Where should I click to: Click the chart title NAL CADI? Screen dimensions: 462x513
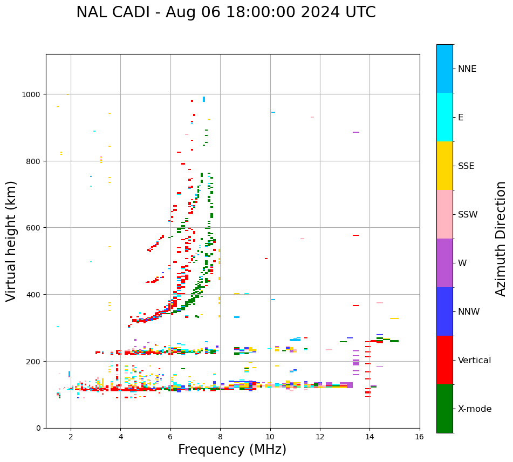(x=225, y=12)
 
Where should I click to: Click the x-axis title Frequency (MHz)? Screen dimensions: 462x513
(x=232, y=450)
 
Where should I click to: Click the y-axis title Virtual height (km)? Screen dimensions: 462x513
(x=12, y=241)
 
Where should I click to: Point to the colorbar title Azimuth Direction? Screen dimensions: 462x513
(x=501, y=239)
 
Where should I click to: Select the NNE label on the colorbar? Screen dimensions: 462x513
(x=467, y=69)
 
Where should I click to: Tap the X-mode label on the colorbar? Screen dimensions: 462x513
(x=475, y=409)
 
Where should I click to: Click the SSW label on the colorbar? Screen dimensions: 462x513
(x=468, y=215)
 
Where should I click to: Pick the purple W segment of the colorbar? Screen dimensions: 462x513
(x=444, y=263)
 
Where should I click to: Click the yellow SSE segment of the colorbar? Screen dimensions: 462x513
(x=444, y=166)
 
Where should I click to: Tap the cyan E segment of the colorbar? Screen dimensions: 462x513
(x=444, y=117)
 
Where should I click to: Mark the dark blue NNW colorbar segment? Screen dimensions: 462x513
(x=444, y=311)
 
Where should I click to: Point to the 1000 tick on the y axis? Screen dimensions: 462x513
(x=32, y=94)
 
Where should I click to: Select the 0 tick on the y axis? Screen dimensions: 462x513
(x=39, y=428)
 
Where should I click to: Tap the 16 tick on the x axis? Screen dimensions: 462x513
(x=419, y=437)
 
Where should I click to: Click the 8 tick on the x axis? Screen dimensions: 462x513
(x=220, y=437)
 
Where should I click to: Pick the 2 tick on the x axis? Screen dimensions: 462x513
(x=71, y=437)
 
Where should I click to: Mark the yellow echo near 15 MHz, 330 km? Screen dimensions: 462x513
(x=394, y=318)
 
